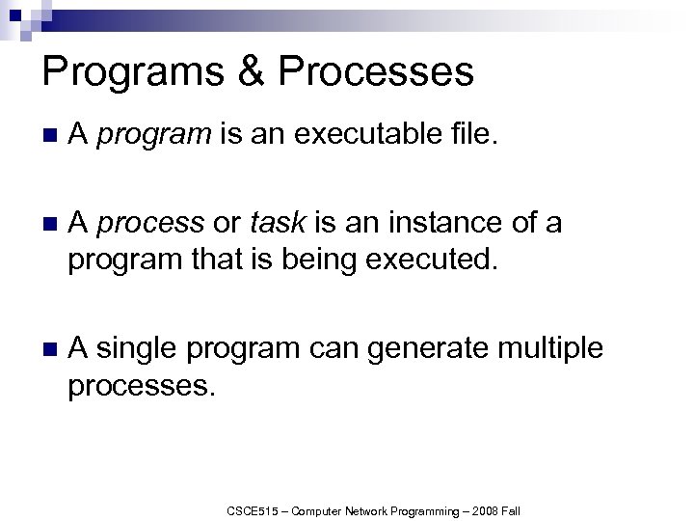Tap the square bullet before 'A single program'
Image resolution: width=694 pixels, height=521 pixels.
coord(51,348)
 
